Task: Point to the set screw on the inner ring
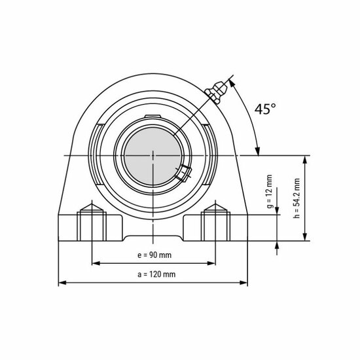point(183,173)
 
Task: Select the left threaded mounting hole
point(90,223)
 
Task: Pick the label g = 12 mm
point(269,191)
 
